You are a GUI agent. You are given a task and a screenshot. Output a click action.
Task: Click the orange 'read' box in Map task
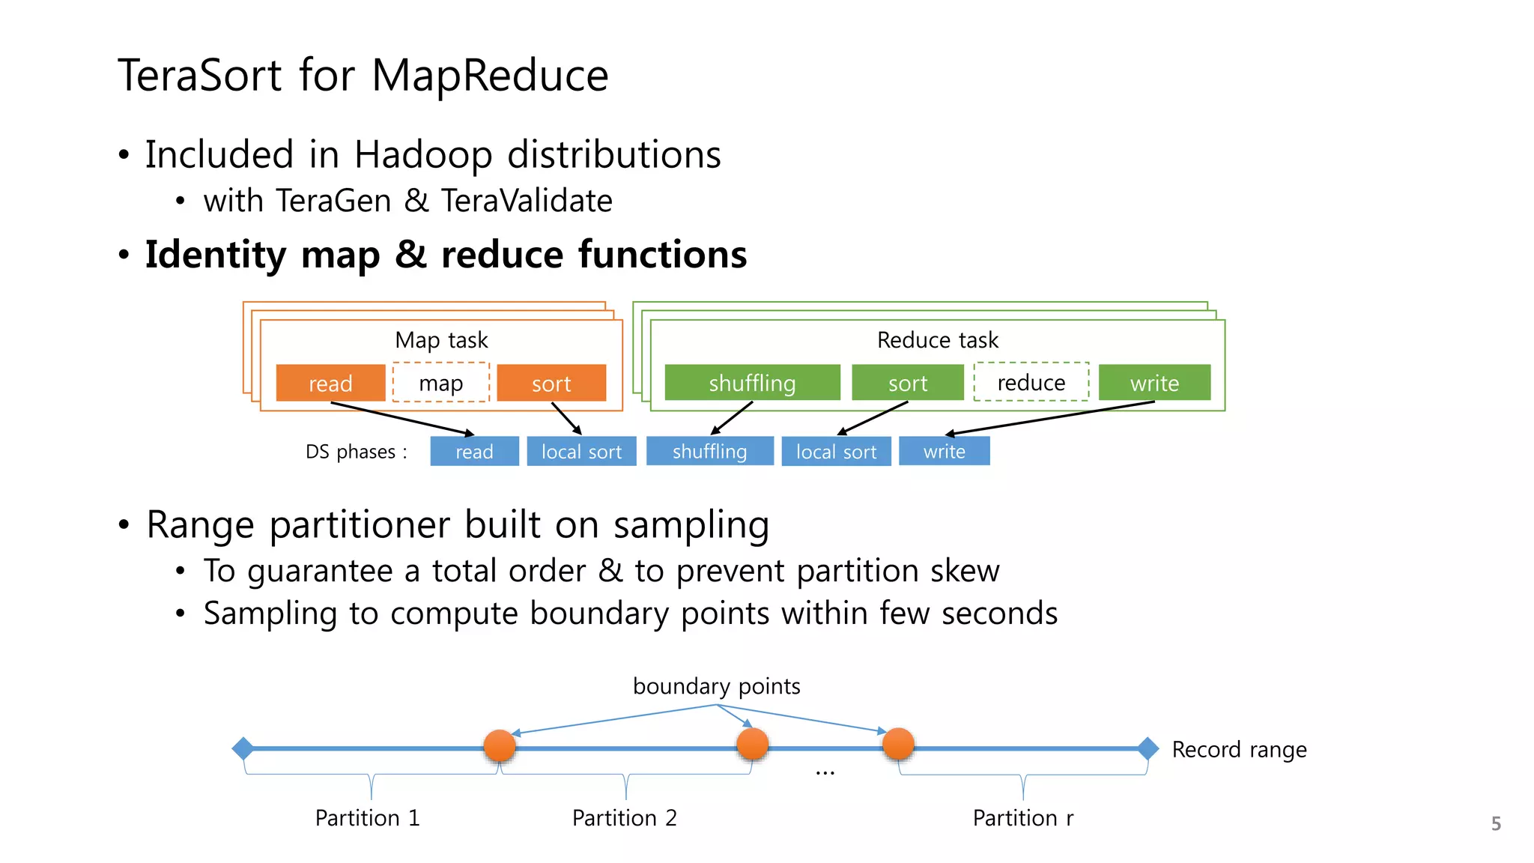click(330, 383)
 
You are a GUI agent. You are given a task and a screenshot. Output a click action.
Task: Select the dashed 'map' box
click(440, 383)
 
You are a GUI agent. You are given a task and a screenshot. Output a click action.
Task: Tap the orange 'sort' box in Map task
click(551, 383)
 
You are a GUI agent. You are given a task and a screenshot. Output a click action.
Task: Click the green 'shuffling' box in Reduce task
click(752, 383)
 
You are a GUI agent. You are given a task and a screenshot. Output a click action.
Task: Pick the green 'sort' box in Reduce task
click(908, 383)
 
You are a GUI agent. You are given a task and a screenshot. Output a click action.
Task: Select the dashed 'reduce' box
click(1031, 382)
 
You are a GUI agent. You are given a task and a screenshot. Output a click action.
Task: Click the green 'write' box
click(1154, 383)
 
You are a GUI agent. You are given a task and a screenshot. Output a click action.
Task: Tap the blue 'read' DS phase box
click(474, 451)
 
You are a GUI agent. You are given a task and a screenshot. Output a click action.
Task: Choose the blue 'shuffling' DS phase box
click(709, 451)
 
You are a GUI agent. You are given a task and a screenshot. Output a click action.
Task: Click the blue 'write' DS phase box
click(944, 451)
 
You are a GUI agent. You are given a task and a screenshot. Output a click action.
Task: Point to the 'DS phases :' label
click(356, 452)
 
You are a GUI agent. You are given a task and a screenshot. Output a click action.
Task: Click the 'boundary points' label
click(716, 685)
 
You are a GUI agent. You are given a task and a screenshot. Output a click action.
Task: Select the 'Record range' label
click(1239, 749)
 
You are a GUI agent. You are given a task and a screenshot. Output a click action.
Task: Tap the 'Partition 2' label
click(624, 817)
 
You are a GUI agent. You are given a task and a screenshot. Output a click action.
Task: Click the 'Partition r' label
click(1022, 817)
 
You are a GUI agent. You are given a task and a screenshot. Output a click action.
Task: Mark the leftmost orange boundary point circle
click(500, 745)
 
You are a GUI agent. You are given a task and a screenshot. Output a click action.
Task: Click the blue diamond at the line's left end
click(243, 748)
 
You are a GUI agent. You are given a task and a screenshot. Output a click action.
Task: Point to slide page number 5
click(1496, 824)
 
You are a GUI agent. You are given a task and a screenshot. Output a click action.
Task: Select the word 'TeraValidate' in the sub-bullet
click(527, 201)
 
